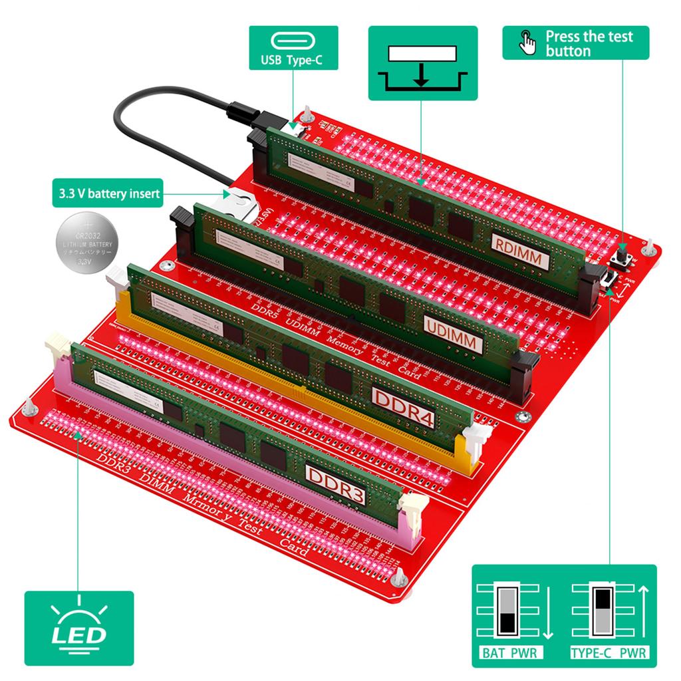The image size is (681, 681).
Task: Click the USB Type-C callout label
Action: [x=293, y=48]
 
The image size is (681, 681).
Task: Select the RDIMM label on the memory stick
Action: [x=521, y=251]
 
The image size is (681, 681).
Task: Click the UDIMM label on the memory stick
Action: [x=453, y=333]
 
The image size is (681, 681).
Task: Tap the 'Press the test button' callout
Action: [x=575, y=43]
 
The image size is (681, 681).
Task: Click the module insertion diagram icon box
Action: [x=422, y=63]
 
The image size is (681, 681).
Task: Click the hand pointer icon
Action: [x=527, y=43]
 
